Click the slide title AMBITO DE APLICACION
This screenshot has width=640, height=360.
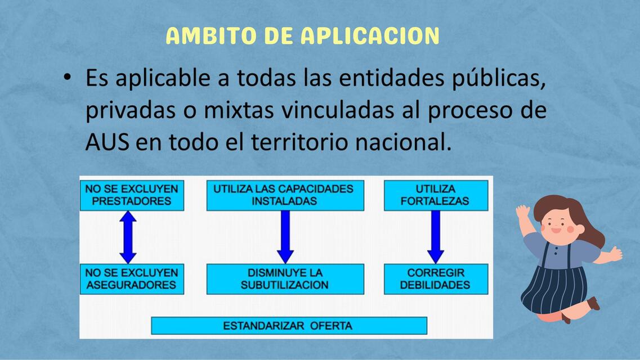tap(302, 36)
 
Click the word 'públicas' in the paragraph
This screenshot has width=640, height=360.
tap(498, 78)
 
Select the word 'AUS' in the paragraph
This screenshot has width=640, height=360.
tap(108, 143)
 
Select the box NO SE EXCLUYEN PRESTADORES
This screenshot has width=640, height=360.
tap(132, 195)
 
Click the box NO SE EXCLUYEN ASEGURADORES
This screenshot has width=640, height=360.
tap(132, 279)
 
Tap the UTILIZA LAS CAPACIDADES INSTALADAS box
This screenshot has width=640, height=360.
tap(285, 195)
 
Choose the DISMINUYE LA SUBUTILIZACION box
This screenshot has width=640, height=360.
tap(285, 279)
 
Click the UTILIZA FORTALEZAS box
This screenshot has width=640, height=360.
tap(436, 195)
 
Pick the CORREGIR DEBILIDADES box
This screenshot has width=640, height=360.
tap(436, 279)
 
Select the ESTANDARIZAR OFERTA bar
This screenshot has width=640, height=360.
tap(289, 326)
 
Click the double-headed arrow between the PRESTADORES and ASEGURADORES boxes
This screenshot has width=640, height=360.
tap(128, 237)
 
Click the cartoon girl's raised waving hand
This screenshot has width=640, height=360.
tap(523, 212)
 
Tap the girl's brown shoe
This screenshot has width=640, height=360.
tap(593, 304)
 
